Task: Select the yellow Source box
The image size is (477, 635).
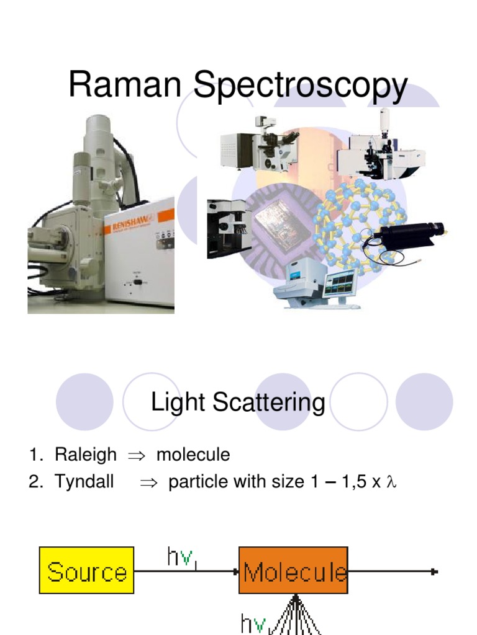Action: [x=87, y=570]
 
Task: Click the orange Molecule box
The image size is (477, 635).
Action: [x=293, y=570]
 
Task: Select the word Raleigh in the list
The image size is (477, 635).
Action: [x=85, y=455]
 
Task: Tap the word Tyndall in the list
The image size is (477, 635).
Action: [x=84, y=482]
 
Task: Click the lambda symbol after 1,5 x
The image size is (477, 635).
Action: [x=391, y=482]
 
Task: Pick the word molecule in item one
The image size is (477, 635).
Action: [x=193, y=455]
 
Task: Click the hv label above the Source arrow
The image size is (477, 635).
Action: [x=181, y=556]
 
